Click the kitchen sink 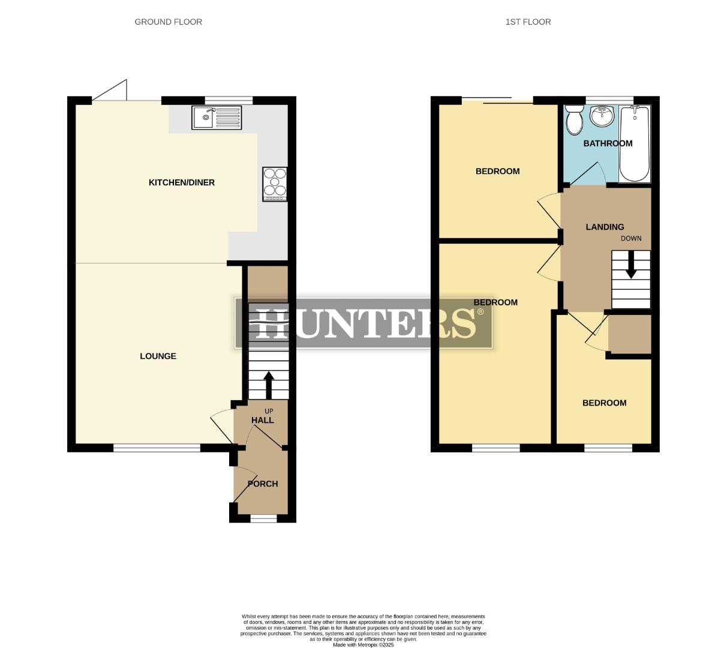[x=217, y=118]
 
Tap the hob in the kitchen [x=275, y=184]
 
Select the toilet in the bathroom [x=574, y=120]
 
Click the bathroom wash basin [x=602, y=116]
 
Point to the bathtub [x=634, y=143]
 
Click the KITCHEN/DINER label [x=181, y=182]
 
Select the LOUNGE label [x=158, y=356]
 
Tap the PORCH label [x=263, y=484]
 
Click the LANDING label [x=605, y=227]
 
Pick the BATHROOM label [x=608, y=143]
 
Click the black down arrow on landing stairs [x=630, y=266]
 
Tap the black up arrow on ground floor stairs [x=268, y=384]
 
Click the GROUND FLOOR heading [x=168, y=22]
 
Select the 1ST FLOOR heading [x=528, y=22]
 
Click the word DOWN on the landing [x=631, y=238]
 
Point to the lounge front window [x=157, y=448]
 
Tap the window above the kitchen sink [x=228, y=100]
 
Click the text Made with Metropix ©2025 [x=363, y=645]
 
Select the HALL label [x=263, y=420]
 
